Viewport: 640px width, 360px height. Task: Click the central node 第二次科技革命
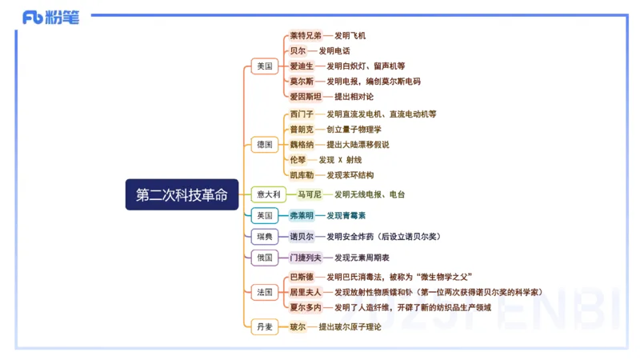pos(182,194)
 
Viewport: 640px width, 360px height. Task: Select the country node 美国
pos(263,66)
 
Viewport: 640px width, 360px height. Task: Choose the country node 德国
pos(264,145)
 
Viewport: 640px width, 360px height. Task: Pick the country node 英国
pos(263,216)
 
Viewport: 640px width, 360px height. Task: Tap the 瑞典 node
pos(263,237)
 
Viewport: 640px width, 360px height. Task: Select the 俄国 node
pos(263,258)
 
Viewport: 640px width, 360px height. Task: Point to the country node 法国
pos(263,292)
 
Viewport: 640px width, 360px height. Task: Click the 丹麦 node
pos(263,326)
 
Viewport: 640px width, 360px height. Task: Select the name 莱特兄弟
pos(305,36)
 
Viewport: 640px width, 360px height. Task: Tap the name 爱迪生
pos(301,66)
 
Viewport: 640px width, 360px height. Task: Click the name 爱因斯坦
pos(305,96)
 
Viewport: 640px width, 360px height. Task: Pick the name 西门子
pos(301,114)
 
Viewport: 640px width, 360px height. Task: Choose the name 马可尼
pos(309,194)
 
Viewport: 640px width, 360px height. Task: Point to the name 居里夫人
pos(305,292)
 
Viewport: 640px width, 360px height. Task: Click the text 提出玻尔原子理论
pos(350,326)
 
